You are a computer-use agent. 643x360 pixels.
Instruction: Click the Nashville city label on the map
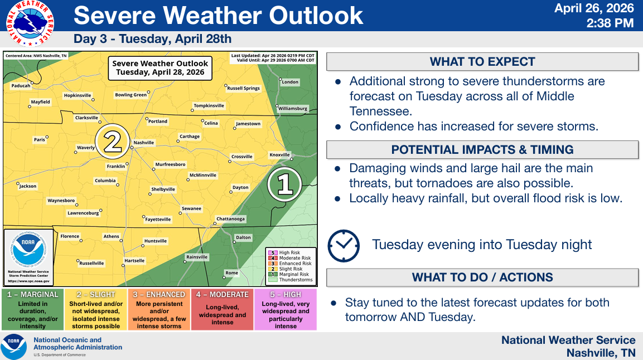click(x=143, y=143)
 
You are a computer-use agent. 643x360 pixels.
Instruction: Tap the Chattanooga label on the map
click(x=230, y=218)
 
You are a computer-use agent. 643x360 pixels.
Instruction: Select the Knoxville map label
click(x=279, y=155)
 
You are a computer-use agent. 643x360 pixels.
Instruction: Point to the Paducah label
click(x=21, y=86)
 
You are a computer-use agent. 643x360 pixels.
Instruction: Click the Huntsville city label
click(x=156, y=241)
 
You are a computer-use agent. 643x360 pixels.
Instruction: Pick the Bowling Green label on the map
click(x=131, y=95)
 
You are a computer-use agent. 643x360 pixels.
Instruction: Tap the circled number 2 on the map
click(x=112, y=142)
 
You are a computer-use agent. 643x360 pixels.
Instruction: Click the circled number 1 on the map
click(x=284, y=184)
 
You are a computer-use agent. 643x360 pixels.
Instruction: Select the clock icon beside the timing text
click(x=344, y=246)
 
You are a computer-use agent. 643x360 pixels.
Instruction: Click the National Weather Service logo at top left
click(x=30, y=23)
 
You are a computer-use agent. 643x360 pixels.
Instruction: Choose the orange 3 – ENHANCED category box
click(x=159, y=310)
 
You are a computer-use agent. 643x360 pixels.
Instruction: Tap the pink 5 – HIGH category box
click(x=286, y=310)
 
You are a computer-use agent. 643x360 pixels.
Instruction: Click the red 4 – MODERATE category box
click(x=223, y=310)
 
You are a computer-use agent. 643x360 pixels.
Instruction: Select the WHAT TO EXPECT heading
click(x=482, y=62)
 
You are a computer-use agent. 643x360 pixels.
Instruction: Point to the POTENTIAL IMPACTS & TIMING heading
click(x=482, y=150)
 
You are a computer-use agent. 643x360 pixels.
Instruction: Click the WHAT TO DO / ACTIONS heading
click(x=482, y=278)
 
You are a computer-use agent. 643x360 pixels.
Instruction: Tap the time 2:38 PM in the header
click(x=610, y=23)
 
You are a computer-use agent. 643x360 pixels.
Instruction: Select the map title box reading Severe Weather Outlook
click(x=160, y=68)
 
